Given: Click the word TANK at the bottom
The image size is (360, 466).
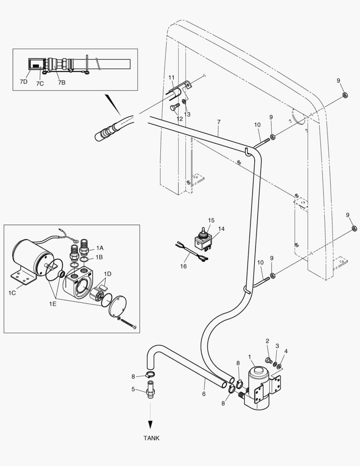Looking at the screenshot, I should coord(151,438).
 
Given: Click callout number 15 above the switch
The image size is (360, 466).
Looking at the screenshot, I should coord(211,220).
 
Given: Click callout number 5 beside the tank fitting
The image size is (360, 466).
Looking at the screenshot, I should coord(133,389).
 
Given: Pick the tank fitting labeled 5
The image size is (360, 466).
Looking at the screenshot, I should coord(150,390).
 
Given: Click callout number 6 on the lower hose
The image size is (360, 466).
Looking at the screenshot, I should coord(203,394).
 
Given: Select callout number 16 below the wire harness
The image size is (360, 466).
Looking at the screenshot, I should coord(183,266).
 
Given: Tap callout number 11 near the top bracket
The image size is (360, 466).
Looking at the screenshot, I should coord(172,77).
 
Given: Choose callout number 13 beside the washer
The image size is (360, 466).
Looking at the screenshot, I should coord(187,114).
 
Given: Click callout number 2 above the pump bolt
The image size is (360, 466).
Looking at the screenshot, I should coord(267,341).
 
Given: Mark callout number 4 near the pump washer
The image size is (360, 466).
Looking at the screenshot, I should coord(286,351).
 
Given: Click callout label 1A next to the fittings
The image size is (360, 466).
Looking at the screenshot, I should coord(100,248).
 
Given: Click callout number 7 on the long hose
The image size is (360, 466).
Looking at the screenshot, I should coord(219,123).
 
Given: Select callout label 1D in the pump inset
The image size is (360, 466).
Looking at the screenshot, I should coord(108,274).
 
